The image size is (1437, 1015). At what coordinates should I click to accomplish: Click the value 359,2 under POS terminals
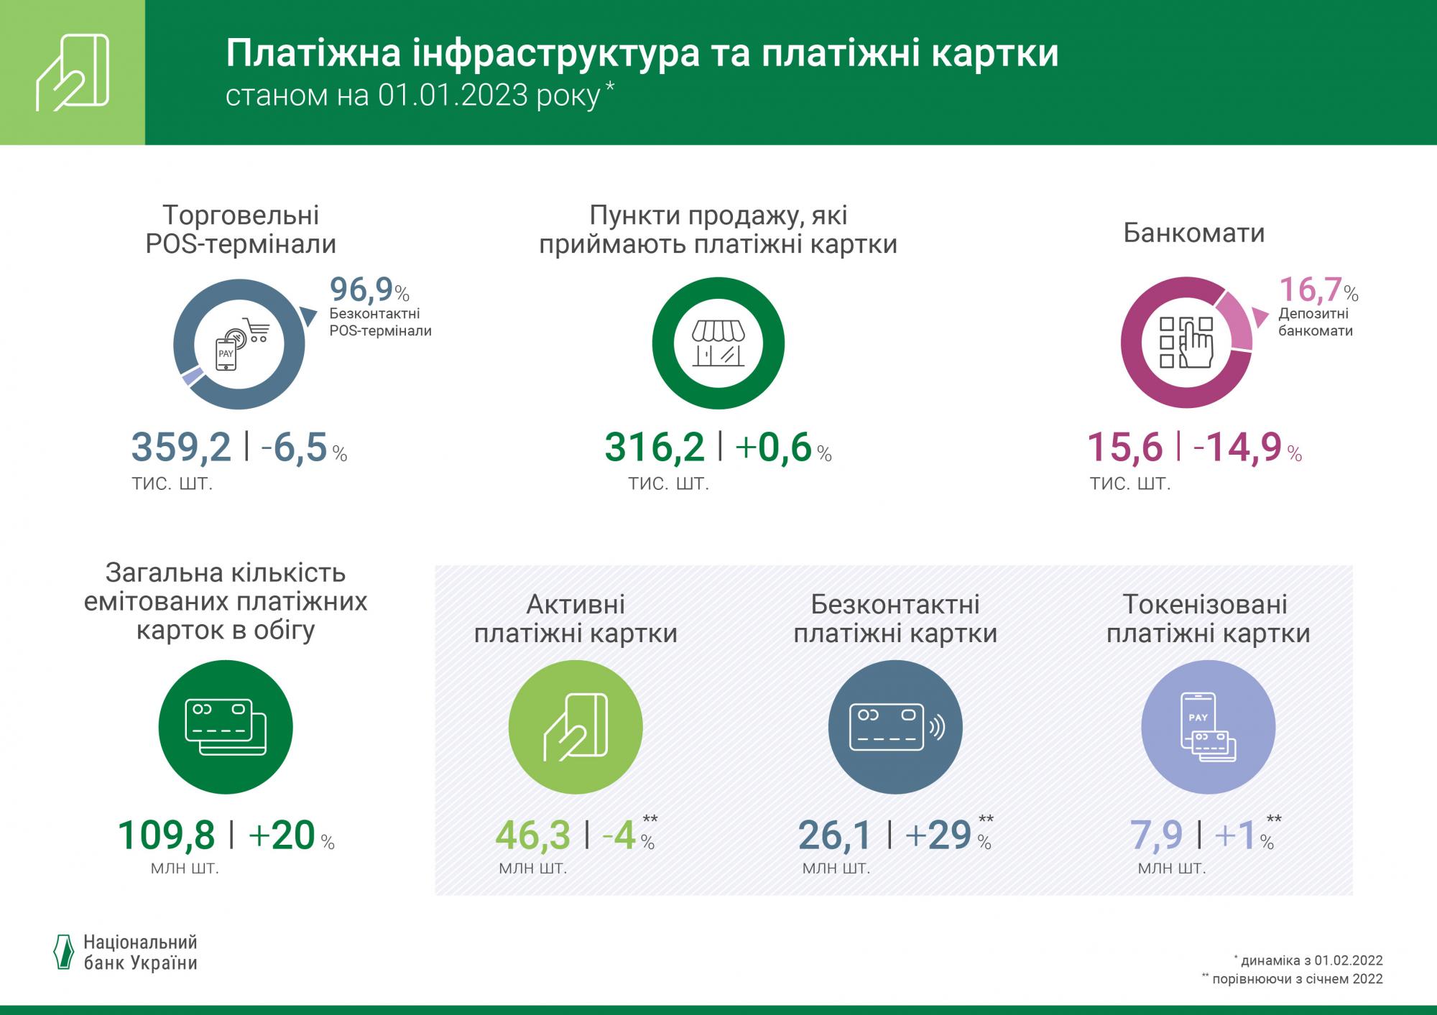(x=181, y=447)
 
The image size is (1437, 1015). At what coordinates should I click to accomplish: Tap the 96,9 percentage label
(x=361, y=289)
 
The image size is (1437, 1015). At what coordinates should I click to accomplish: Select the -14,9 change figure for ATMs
(x=1238, y=447)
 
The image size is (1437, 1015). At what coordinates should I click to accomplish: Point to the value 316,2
(x=655, y=447)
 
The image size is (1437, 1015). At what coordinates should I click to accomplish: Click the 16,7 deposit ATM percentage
(x=1311, y=289)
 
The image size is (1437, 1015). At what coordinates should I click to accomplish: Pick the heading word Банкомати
(x=1193, y=233)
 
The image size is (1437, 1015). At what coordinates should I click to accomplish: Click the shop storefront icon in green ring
(x=718, y=343)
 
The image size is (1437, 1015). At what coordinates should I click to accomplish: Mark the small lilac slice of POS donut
(x=190, y=377)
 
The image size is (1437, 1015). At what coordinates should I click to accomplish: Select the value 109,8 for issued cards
(x=166, y=835)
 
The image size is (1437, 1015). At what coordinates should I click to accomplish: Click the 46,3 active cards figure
(x=533, y=835)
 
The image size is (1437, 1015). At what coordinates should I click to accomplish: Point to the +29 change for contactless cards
(x=938, y=835)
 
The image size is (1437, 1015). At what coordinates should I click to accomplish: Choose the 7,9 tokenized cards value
(x=1156, y=835)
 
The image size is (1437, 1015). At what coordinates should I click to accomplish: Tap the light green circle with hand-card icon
(x=575, y=727)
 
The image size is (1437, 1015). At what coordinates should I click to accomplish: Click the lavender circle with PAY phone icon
(x=1208, y=727)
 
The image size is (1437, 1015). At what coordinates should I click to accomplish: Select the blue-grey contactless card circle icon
(x=895, y=727)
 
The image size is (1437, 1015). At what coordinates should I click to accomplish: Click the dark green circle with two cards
(x=226, y=727)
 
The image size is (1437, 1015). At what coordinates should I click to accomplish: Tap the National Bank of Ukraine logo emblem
(x=64, y=953)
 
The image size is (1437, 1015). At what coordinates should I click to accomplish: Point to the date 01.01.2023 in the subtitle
(x=453, y=96)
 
